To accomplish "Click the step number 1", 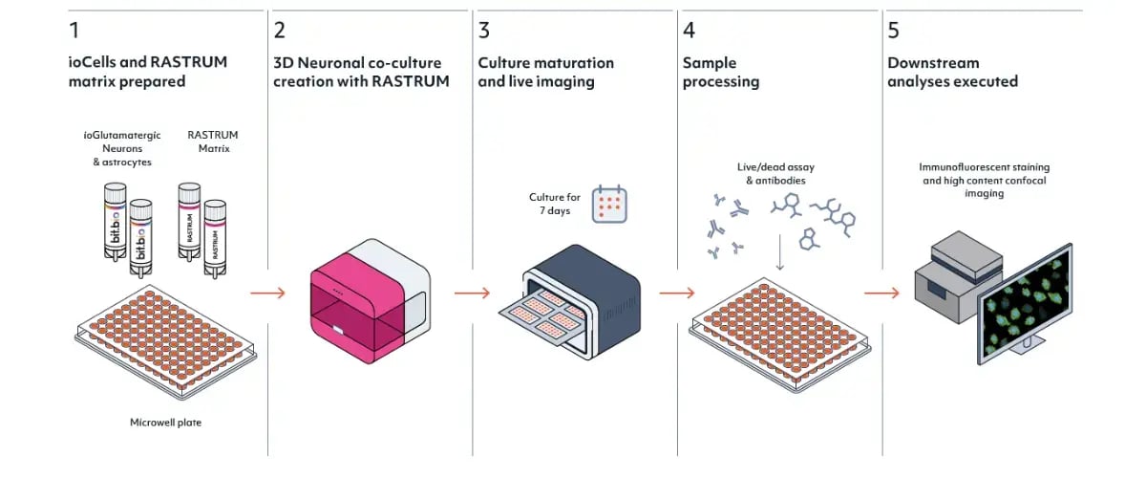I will tap(74, 31).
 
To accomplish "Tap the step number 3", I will tap(484, 31).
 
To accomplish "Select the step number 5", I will tap(893, 31).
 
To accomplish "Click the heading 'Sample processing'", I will tap(721, 73).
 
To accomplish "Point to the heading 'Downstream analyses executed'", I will tap(952, 73).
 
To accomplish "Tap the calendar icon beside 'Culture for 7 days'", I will tap(608, 204).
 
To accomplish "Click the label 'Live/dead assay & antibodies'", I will tap(776, 173).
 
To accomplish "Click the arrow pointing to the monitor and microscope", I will tap(881, 293).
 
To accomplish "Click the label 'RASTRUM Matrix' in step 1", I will tap(214, 141).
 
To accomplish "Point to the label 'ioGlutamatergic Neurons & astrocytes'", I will tap(122, 148).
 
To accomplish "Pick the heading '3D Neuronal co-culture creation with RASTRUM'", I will tap(361, 73).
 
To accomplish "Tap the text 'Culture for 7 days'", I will tap(555, 204).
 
